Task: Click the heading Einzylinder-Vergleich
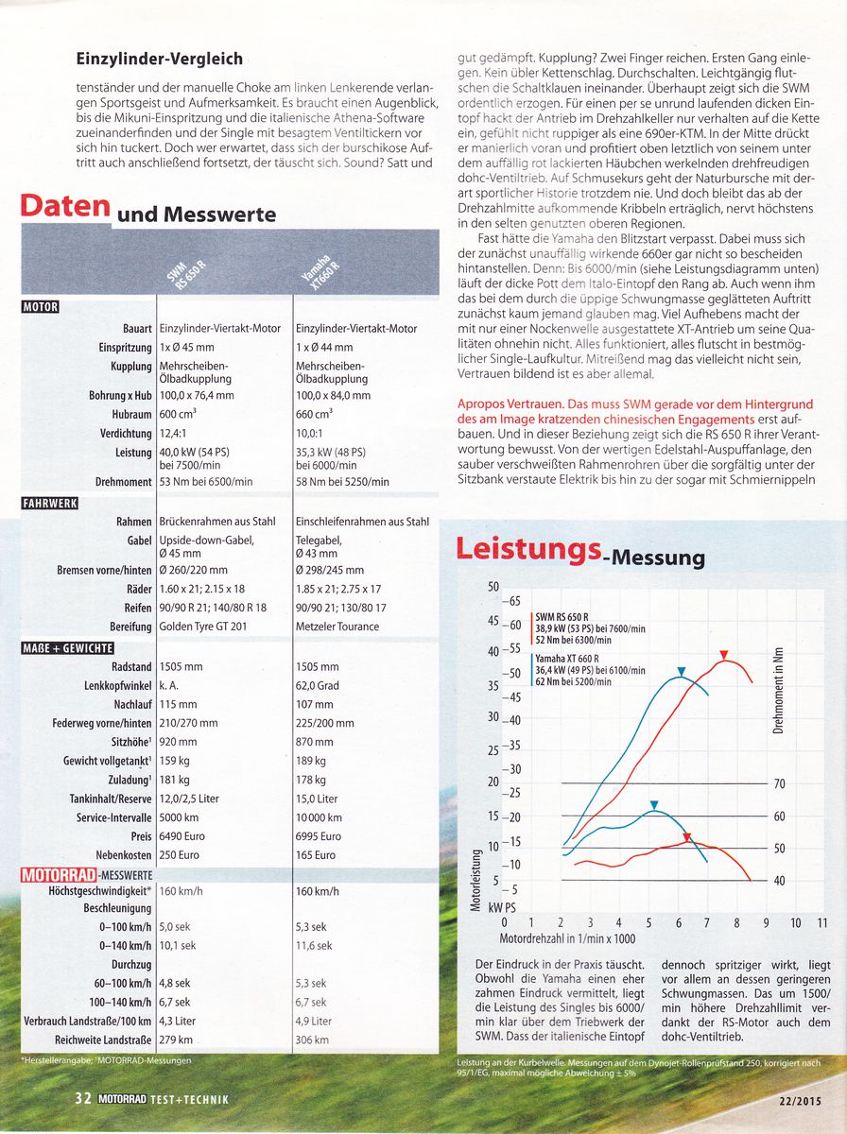point(159,60)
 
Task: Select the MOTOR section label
point(40,306)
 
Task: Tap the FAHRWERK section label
point(48,502)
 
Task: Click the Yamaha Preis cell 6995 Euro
point(319,836)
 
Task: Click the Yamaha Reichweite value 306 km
point(312,1039)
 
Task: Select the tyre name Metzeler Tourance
point(341,627)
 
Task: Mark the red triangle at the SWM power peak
point(723,655)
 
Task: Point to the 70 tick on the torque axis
point(780,783)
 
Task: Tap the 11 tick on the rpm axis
point(822,922)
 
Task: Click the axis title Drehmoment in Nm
point(777,692)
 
